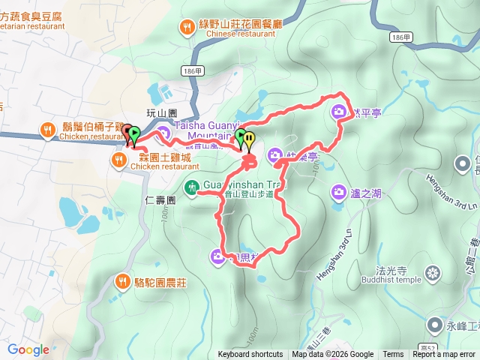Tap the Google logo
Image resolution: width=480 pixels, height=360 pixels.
pos(28,349)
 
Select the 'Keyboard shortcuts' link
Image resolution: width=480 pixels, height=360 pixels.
pos(250,355)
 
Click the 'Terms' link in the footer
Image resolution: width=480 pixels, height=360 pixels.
pos(393,355)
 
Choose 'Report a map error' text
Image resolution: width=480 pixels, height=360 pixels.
pos(444,355)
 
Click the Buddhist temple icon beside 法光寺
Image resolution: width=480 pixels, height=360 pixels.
pos(433,271)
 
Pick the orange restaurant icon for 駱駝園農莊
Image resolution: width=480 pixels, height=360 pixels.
pos(122,282)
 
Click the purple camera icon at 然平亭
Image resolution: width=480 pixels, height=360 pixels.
pos(339,112)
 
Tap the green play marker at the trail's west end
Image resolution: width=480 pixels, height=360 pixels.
pos(133,136)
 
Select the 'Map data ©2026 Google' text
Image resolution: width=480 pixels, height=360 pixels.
pos(332,355)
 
